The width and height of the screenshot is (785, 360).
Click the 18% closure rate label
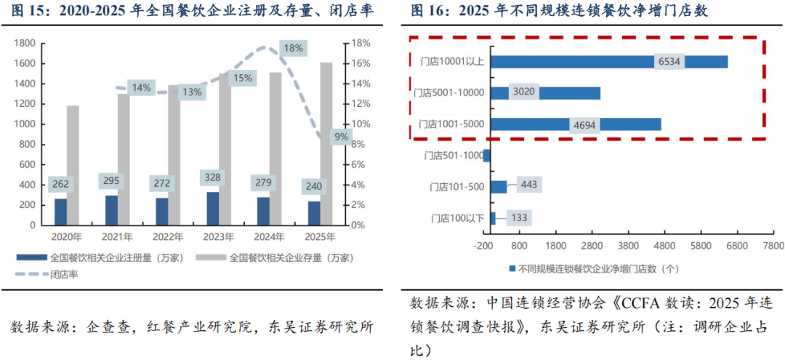tap(294, 49)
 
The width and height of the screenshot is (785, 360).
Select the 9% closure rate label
tap(340, 136)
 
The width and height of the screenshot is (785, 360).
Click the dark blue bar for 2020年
tap(60, 212)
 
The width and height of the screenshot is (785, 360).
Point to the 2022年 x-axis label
tap(168, 237)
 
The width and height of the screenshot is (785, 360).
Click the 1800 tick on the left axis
tap(25, 43)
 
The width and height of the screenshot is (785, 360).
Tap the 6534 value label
tap(669, 62)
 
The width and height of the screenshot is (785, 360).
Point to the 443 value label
tap(528, 186)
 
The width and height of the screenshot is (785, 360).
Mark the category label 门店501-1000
tap(453, 155)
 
